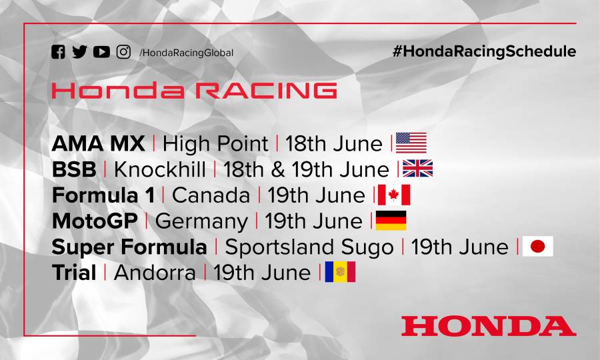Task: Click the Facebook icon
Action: (x=58, y=52)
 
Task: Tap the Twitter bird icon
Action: (x=79, y=52)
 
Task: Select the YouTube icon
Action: (x=101, y=52)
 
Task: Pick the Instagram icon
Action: (x=123, y=52)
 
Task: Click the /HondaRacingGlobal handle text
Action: (x=186, y=53)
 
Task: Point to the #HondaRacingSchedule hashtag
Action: (x=484, y=51)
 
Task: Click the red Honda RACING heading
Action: (x=194, y=91)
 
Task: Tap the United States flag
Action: (x=411, y=143)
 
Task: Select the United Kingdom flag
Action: (x=417, y=169)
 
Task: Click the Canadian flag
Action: (x=393, y=195)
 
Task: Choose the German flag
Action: (x=391, y=221)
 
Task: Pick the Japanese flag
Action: (x=537, y=247)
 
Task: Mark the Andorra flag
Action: (x=340, y=272)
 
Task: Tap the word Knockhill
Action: (x=160, y=169)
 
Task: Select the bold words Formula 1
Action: (x=103, y=195)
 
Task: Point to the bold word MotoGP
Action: (x=95, y=221)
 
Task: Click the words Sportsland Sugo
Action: (x=309, y=247)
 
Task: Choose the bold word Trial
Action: (x=74, y=273)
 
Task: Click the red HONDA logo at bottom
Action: (x=488, y=326)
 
